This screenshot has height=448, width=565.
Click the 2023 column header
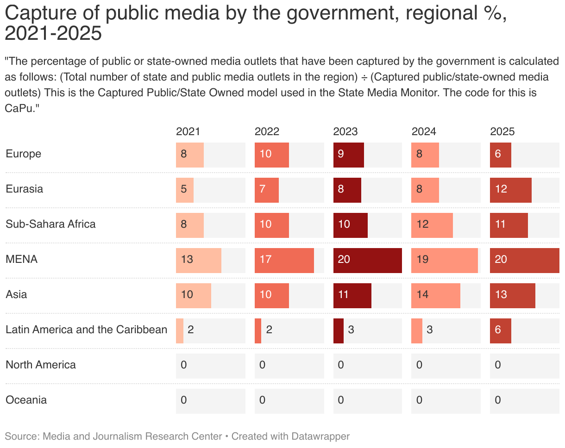[x=345, y=131]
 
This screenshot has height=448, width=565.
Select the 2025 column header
[x=502, y=131]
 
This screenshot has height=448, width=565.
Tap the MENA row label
[x=21, y=259]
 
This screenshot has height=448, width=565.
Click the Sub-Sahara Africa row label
[x=50, y=224]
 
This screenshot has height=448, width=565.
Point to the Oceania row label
[x=26, y=400]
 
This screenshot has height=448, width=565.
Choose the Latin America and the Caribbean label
[x=86, y=330]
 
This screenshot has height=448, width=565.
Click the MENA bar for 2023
[x=367, y=259]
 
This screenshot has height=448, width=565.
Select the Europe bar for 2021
[x=189, y=154]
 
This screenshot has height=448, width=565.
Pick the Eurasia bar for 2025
[x=510, y=189]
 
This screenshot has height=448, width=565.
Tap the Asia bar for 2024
[x=435, y=294]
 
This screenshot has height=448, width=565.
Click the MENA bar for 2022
[x=284, y=259]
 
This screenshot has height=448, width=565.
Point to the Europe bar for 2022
[x=271, y=154]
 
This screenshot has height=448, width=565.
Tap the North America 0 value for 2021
[x=183, y=365]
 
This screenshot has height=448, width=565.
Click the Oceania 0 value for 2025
[x=497, y=400]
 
